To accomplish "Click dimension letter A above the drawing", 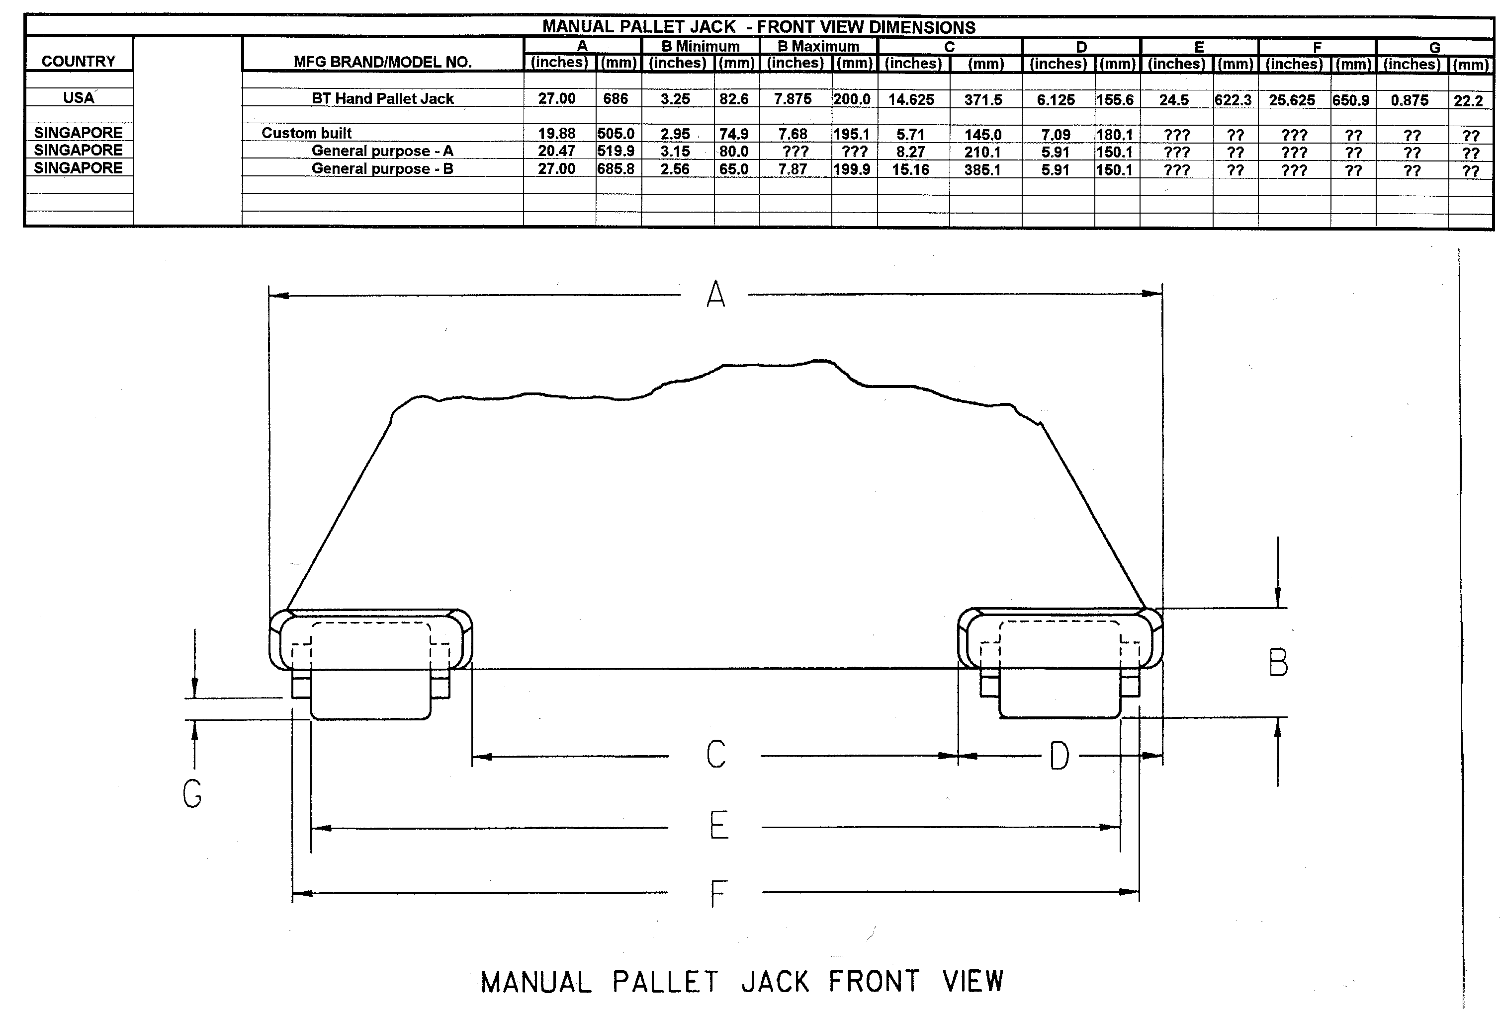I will tap(715, 296).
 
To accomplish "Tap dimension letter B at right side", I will tap(1278, 663).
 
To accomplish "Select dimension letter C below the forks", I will tap(716, 754).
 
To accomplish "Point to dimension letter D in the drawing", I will tap(1059, 756).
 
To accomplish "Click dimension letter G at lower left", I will tap(192, 793).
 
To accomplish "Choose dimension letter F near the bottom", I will tap(718, 893).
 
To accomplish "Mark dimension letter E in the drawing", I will tap(718, 826).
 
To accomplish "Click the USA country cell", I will tap(79, 98).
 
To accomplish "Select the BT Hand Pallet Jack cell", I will tap(382, 98).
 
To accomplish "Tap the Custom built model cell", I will tap(306, 133).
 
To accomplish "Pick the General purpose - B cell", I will tap(382, 168).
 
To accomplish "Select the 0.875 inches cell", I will tap(1410, 100).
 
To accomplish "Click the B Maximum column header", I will tap(818, 46).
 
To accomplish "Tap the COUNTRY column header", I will tap(79, 61).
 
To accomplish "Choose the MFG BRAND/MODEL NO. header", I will tap(382, 62).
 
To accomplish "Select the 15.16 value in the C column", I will tap(910, 170).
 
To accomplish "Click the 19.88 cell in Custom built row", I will tap(557, 134).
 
